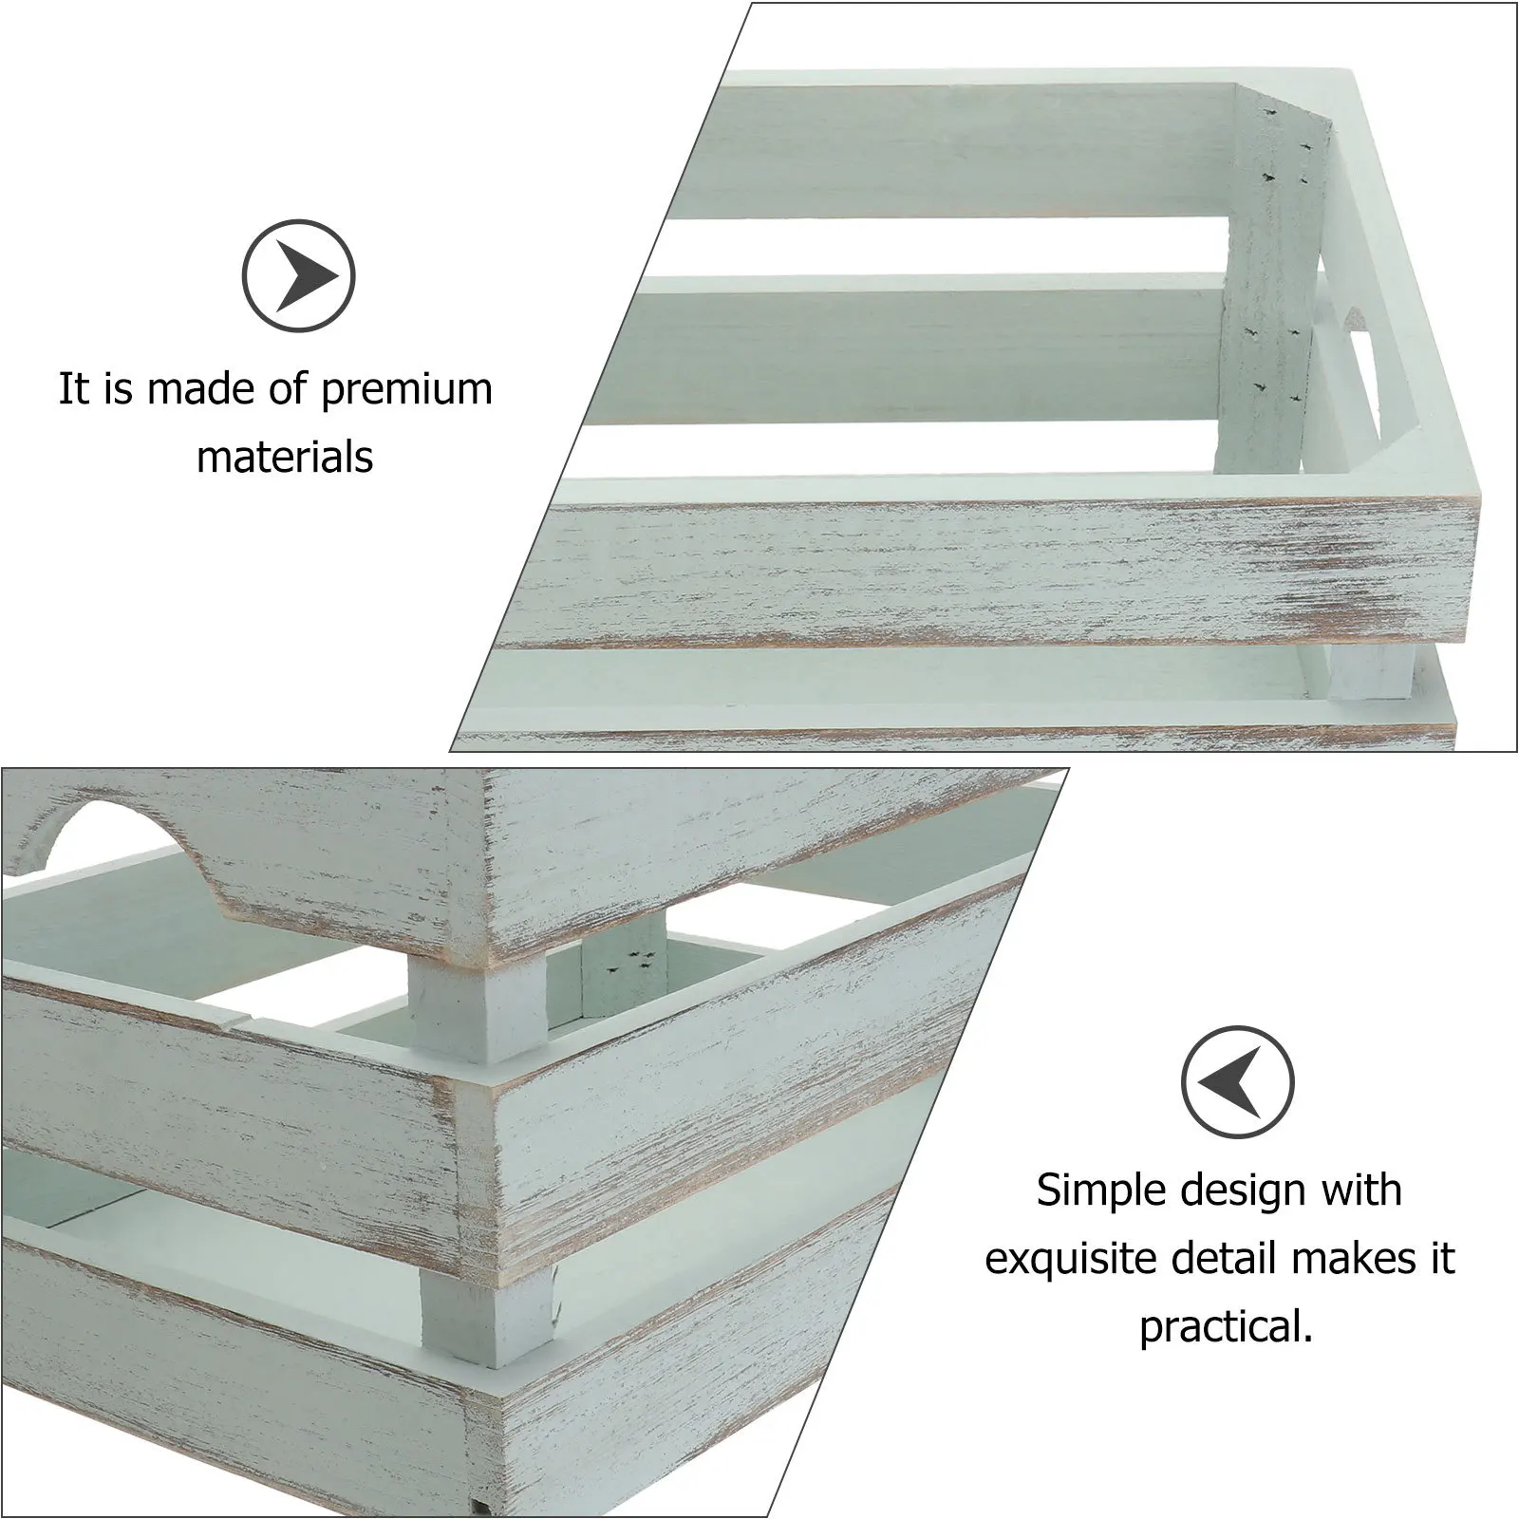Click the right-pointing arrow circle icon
pyautogui.click(x=298, y=276)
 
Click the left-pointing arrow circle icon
pyautogui.click(x=1238, y=1082)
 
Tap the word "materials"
pyautogui.click(x=285, y=458)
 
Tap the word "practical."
pyautogui.click(x=1226, y=1326)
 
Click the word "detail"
pyautogui.click(x=1227, y=1259)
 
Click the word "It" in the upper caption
pyautogui.click(x=72, y=388)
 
